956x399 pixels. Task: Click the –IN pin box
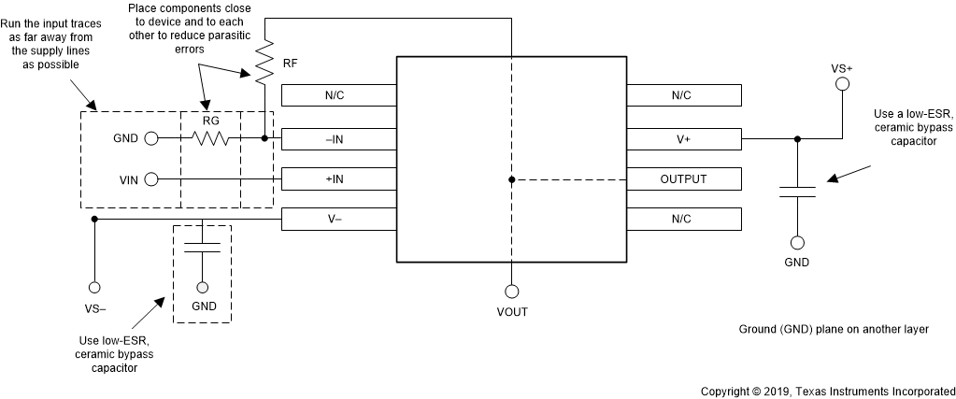click(338, 138)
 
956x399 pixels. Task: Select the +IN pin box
click(338, 178)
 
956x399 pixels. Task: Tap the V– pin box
click(338, 219)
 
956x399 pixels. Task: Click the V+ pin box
click(684, 138)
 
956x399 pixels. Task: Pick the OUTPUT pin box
click(684, 178)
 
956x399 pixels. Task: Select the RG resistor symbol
click(210, 138)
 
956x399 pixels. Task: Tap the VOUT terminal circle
click(511, 291)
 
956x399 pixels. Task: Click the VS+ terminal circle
click(842, 85)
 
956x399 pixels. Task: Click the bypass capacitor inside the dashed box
click(202, 246)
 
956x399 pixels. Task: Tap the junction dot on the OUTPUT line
click(511, 178)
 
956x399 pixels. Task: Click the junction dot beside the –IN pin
click(264, 138)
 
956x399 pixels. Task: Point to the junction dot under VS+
click(797, 138)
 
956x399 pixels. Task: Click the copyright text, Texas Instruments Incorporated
click(827, 391)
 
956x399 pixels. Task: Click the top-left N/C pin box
click(338, 95)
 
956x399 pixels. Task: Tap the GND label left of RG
click(125, 138)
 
